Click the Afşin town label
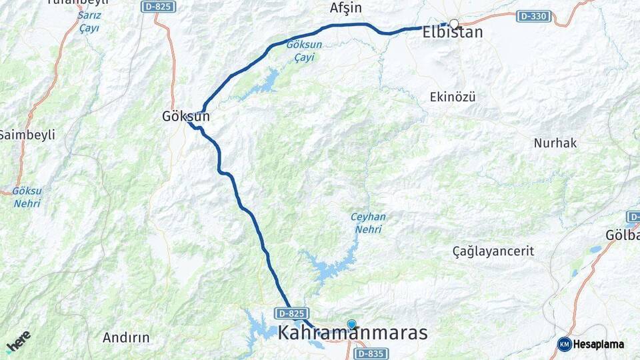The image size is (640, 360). click(x=345, y=8)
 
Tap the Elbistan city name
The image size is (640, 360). click(x=453, y=32)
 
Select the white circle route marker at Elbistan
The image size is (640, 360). click(x=454, y=23)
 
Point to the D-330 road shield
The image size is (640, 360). click(x=533, y=15)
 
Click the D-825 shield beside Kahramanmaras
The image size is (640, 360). click(x=291, y=313)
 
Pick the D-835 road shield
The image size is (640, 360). click(x=370, y=353)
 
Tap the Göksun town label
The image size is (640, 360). click(x=186, y=116)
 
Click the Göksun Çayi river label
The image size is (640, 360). click(x=300, y=51)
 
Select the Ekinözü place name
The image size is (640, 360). click(x=453, y=97)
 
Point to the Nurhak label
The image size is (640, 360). click(x=555, y=143)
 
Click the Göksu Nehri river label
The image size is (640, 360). click(x=27, y=197)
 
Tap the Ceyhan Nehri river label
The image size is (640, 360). click(x=368, y=223)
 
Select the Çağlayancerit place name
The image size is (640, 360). click(x=493, y=251)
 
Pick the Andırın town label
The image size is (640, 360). click(x=126, y=337)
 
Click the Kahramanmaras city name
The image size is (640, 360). click(x=353, y=333)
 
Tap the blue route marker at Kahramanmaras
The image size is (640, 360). click(x=351, y=324)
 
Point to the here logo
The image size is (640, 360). click(x=19, y=341)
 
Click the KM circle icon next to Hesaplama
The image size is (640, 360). click(x=565, y=344)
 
